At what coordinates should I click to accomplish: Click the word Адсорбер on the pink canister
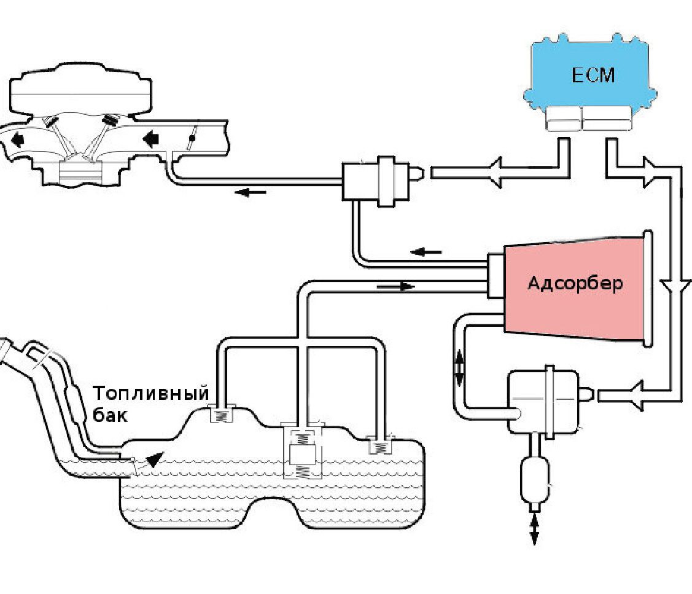click(575, 283)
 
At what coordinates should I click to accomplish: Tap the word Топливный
click(152, 393)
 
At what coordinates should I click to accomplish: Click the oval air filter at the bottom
click(532, 479)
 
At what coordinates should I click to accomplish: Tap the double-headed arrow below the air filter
click(534, 529)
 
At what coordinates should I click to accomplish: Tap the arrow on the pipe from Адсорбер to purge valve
click(426, 251)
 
